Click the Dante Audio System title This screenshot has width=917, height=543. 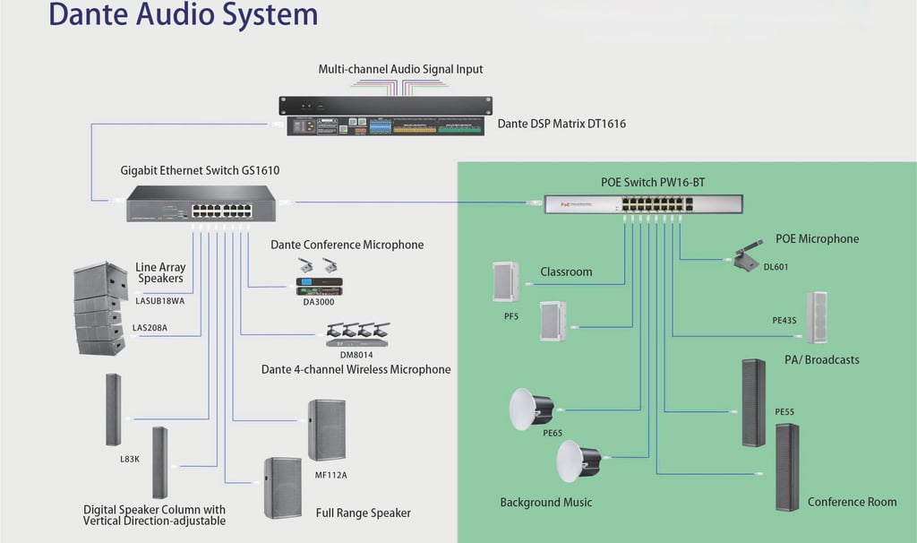pyautogui.click(x=183, y=14)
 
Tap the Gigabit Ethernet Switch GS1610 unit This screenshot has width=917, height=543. pyautogui.click(x=201, y=203)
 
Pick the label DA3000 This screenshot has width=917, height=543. pyautogui.click(x=320, y=301)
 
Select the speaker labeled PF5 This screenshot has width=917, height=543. pyautogui.click(x=505, y=281)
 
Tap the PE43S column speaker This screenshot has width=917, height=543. pyautogui.click(x=816, y=318)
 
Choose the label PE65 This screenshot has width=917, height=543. pyautogui.click(x=553, y=433)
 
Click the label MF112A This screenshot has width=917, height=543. pyautogui.click(x=330, y=475)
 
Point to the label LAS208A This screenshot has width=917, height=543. pyautogui.click(x=150, y=328)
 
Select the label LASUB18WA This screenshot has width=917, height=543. pyautogui.click(x=159, y=300)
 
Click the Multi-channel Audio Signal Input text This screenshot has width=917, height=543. pyautogui.click(x=401, y=69)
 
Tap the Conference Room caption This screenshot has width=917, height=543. pyautogui.click(x=852, y=502)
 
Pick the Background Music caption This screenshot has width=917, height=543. pyautogui.click(x=545, y=502)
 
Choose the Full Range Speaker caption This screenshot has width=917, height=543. pyautogui.click(x=363, y=513)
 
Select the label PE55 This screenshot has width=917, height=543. pyautogui.click(x=784, y=412)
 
